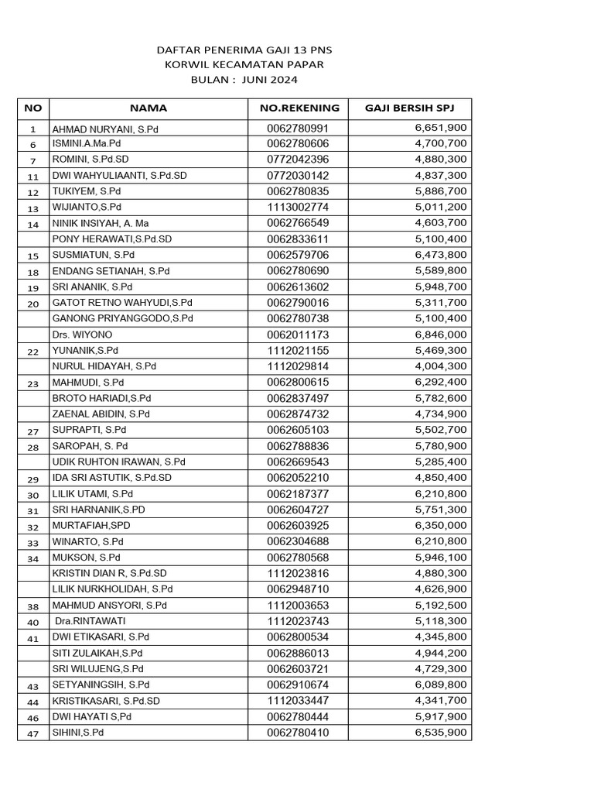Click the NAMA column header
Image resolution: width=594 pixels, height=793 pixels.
pyautogui.click(x=148, y=108)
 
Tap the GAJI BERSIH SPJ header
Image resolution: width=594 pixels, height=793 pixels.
pyautogui.click(x=409, y=108)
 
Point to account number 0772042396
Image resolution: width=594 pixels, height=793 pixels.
pyautogui.click(x=298, y=160)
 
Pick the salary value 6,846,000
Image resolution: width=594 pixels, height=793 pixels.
pyautogui.click(x=441, y=335)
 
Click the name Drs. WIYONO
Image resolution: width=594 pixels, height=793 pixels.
pyautogui.click(x=82, y=335)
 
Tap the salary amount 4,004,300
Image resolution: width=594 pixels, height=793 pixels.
pyautogui.click(x=441, y=366)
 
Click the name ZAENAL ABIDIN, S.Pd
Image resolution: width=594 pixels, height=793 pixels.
pyautogui.click(x=101, y=414)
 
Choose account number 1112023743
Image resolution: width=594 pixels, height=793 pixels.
pyautogui.click(x=298, y=621)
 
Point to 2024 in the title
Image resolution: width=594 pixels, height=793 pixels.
pyautogui.click(x=284, y=80)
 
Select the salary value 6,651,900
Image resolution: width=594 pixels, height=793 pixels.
pyautogui.click(x=441, y=128)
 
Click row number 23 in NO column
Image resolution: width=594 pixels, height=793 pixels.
pyautogui.click(x=32, y=383)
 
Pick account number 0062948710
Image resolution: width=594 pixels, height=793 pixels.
pyautogui.click(x=298, y=589)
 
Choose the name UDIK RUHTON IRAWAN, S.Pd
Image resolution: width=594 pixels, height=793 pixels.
pyautogui.click(x=118, y=462)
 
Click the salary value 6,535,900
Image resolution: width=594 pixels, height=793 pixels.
pyautogui.click(x=441, y=733)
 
